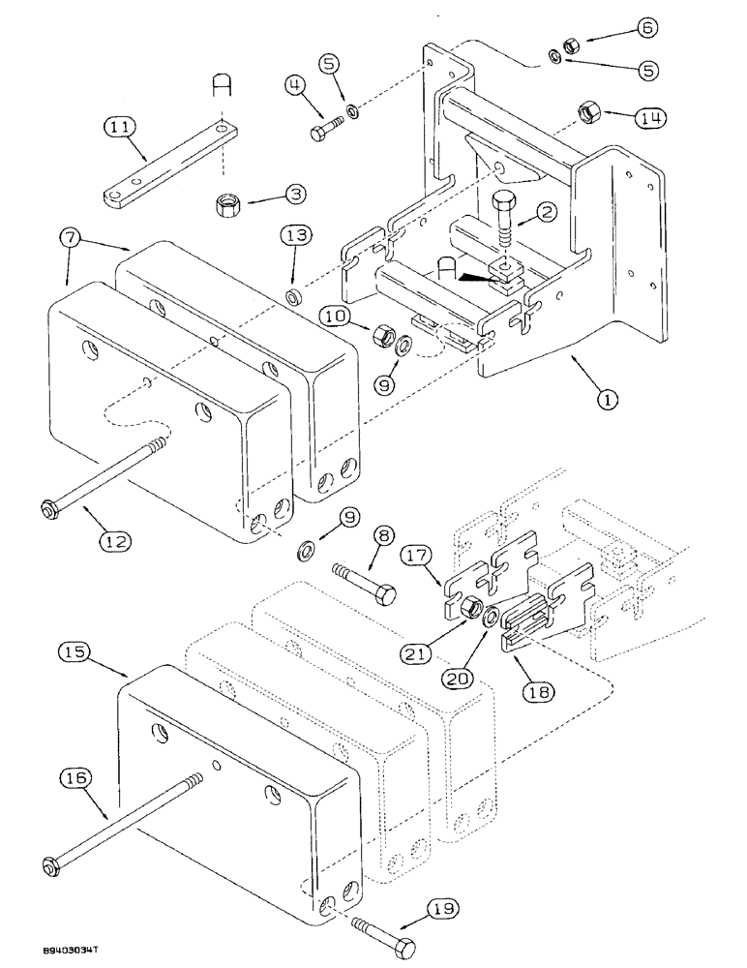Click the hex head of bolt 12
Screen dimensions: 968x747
pos(48,507)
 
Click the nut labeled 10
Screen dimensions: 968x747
pos(380,338)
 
